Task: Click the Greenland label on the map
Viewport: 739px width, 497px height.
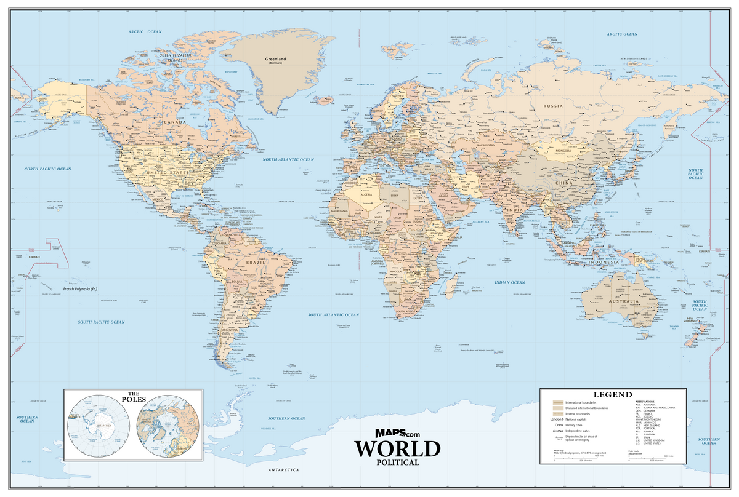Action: coord(275,60)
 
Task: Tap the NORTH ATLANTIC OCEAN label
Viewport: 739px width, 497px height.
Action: coord(288,159)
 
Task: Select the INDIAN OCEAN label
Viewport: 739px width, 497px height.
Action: coord(510,282)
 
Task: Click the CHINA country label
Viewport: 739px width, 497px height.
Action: coord(565,184)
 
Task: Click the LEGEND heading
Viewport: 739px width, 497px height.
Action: coord(612,394)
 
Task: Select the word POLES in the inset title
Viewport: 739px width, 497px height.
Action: coord(133,398)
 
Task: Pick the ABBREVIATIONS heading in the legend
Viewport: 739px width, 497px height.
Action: coord(647,402)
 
